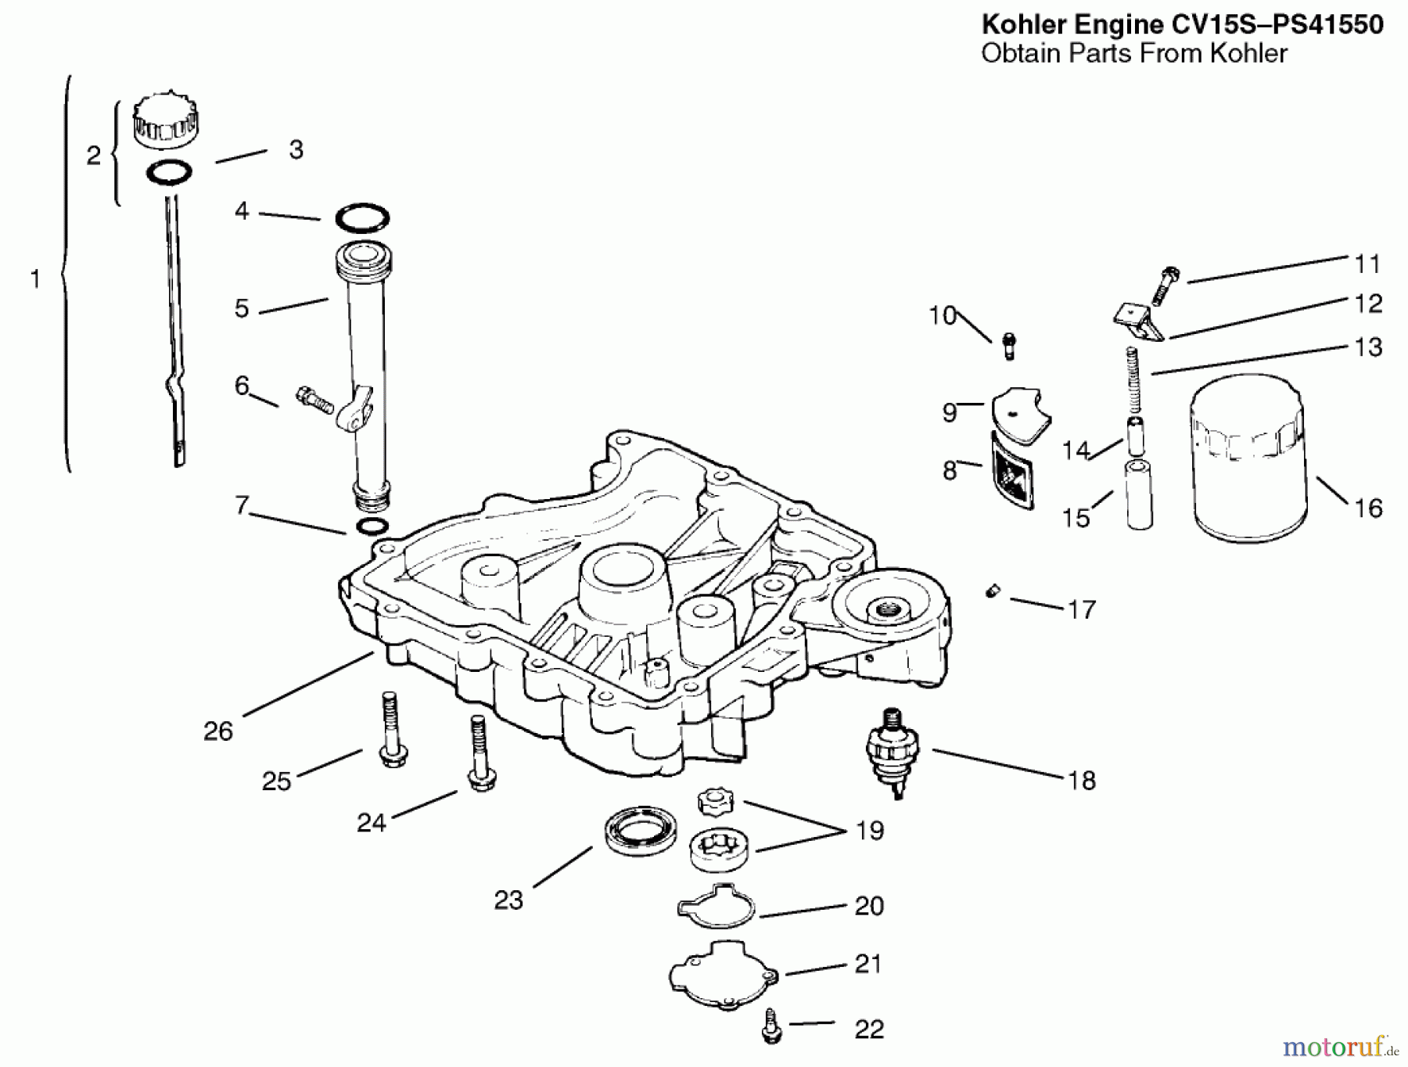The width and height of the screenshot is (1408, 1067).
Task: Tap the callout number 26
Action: [x=217, y=731]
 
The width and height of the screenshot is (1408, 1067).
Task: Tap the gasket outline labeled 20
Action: [x=717, y=906]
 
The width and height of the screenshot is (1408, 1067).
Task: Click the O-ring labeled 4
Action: [x=362, y=218]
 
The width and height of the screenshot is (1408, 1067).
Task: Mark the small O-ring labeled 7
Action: [x=371, y=526]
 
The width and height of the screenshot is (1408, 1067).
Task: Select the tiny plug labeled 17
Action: [x=991, y=592]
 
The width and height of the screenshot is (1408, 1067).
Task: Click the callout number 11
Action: [x=1367, y=264]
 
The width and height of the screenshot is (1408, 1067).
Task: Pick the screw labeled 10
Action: [x=1008, y=345]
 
